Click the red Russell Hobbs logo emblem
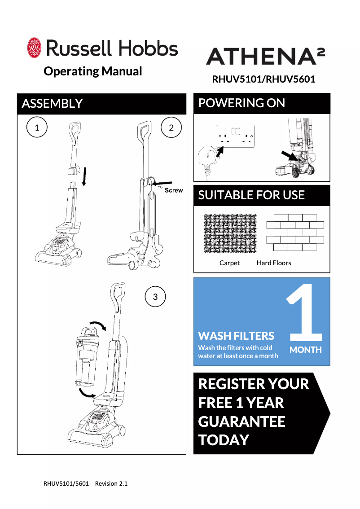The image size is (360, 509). (34, 48)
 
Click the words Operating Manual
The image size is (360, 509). (93, 71)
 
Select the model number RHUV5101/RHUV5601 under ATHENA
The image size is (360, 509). (263, 79)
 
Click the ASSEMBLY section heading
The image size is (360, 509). (52, 104)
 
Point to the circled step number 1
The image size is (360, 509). (37, 127)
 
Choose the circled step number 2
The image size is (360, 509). (171, 127)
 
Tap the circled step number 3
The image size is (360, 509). (155, 296)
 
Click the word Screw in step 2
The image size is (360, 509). (174, 190)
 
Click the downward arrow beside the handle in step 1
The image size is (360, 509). (84, 176)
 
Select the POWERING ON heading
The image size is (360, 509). (241, 103)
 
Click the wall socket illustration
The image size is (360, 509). (236, 136)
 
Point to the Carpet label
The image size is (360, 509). (229, 263)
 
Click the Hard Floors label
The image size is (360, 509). (274, 263)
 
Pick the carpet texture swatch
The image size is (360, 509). (230, 233)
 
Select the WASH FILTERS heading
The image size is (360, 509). (236, 336)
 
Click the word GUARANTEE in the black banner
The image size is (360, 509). (241, 421)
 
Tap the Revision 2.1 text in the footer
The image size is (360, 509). (111, 484)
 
